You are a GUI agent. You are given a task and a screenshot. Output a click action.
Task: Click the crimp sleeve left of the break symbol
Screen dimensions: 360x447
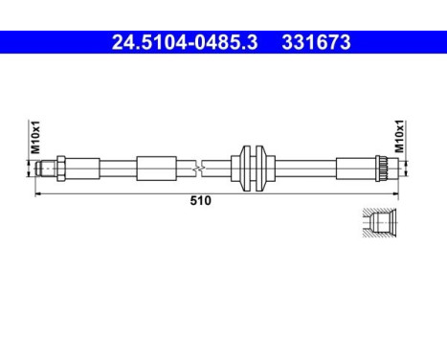(155, 169)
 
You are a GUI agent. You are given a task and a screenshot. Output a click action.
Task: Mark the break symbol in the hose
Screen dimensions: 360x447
(198, 169)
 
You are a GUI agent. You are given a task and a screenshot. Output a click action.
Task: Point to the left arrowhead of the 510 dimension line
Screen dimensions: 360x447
(38, 192)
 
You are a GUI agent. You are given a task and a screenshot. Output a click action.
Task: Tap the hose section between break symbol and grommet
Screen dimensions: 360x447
(218, 169)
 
